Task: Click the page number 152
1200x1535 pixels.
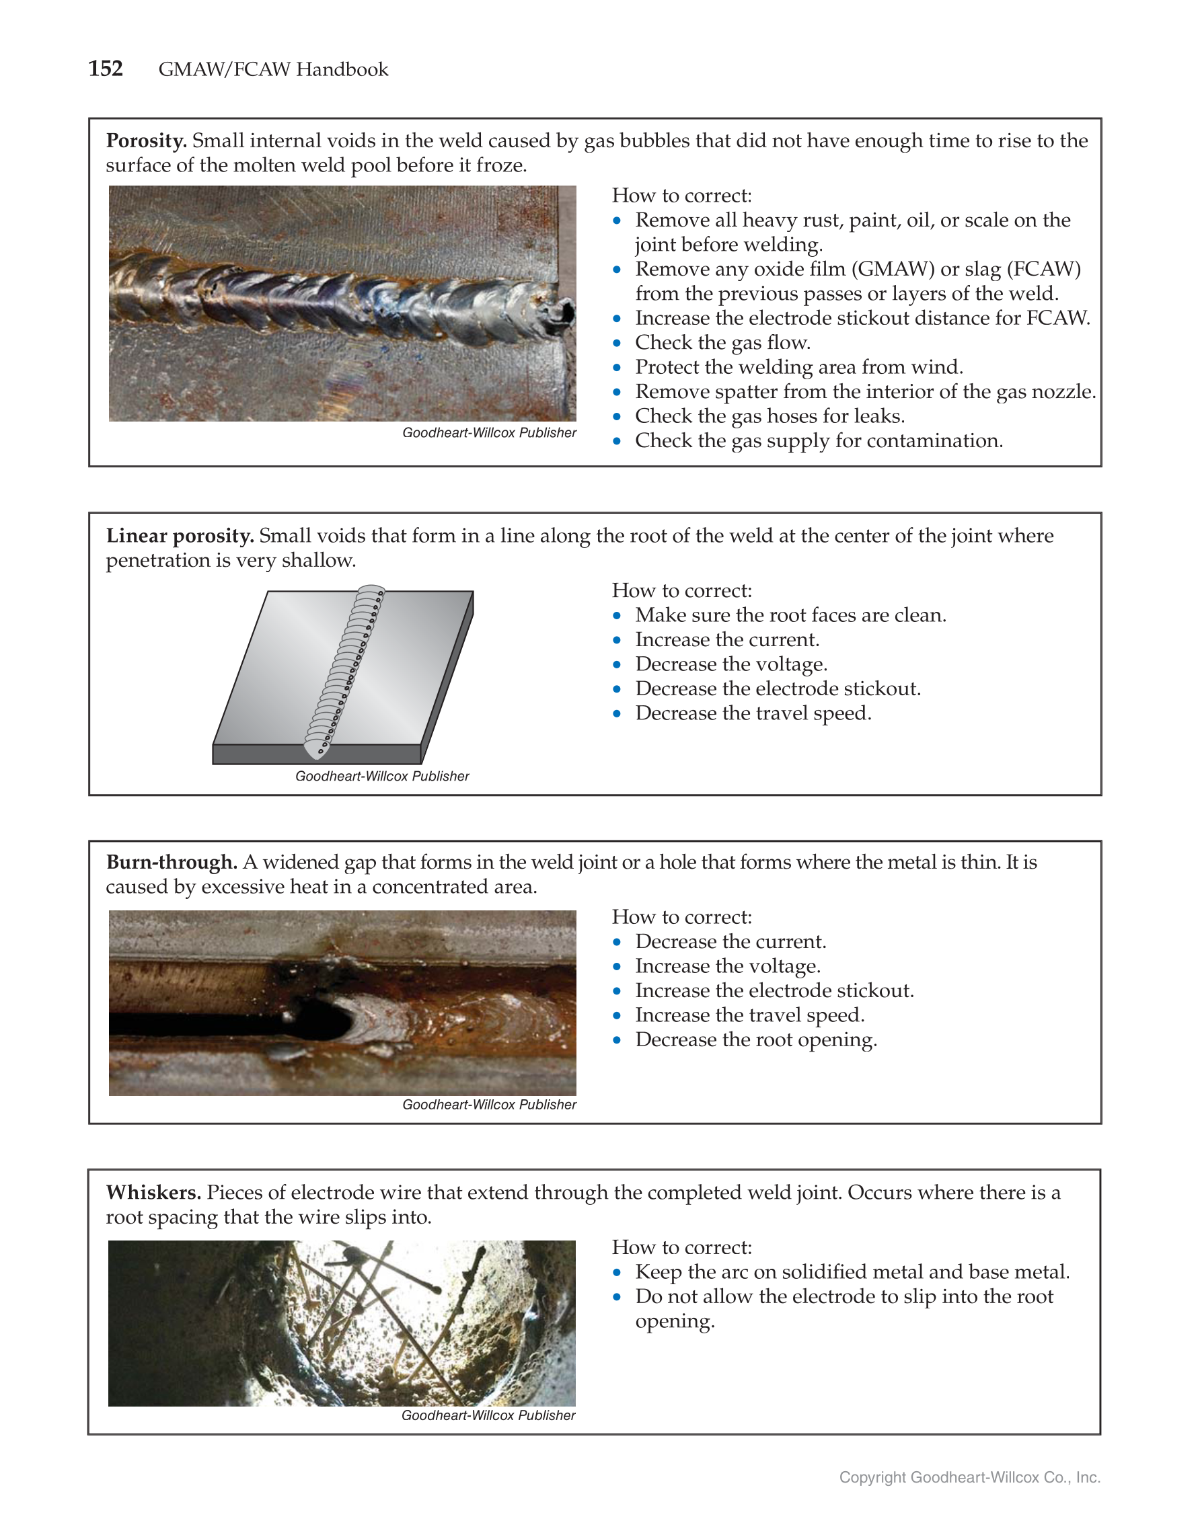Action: click(106, 68)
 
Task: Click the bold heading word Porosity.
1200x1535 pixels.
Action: click(146, 141)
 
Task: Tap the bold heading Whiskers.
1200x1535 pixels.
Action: click(153, 1192)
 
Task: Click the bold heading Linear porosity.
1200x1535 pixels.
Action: click(180, 536)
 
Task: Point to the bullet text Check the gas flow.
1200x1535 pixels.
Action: click(722, 342)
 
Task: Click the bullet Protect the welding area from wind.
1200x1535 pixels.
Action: click(798, 367)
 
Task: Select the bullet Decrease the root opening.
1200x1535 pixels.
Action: click(755, 1039)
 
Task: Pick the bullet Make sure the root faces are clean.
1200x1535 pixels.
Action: click(790, 615)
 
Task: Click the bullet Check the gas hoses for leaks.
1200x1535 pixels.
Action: click(769, 416)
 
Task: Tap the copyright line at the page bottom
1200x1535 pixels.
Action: click(969, 1477)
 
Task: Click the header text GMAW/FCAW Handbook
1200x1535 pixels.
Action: click(273, 69)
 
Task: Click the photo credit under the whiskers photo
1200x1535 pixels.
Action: click(488, 1415)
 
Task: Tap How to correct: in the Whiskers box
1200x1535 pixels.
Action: click(681, 1247)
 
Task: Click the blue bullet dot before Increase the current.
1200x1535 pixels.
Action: click(617, 639)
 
